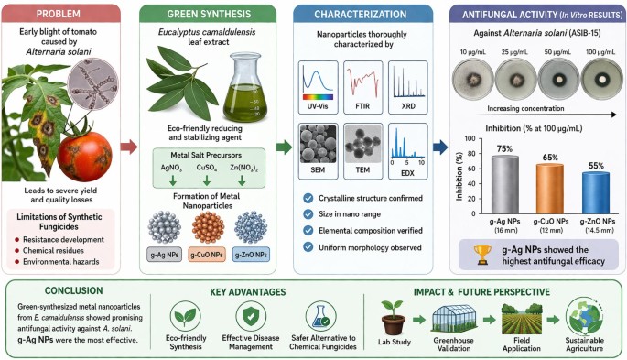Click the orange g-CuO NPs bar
point(550,189)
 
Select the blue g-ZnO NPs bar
point(596,192)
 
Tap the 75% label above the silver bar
point(504,148)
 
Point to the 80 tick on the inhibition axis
point(470,154)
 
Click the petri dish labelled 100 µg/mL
point(601,79)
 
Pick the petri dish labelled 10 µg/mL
point(473,79)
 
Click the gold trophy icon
point(482,255)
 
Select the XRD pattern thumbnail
point(408,87)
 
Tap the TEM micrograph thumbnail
point(362,151)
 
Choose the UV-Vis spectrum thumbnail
point(318,87)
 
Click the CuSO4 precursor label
point(207,168)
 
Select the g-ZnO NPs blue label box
point(251,255)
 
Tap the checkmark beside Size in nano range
point(308,214)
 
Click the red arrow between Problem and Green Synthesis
point(129,147)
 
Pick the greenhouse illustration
point(453,319)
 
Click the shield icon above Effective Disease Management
point(251,316)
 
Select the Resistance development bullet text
point(63,240)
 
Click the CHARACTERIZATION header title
point(361,15)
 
